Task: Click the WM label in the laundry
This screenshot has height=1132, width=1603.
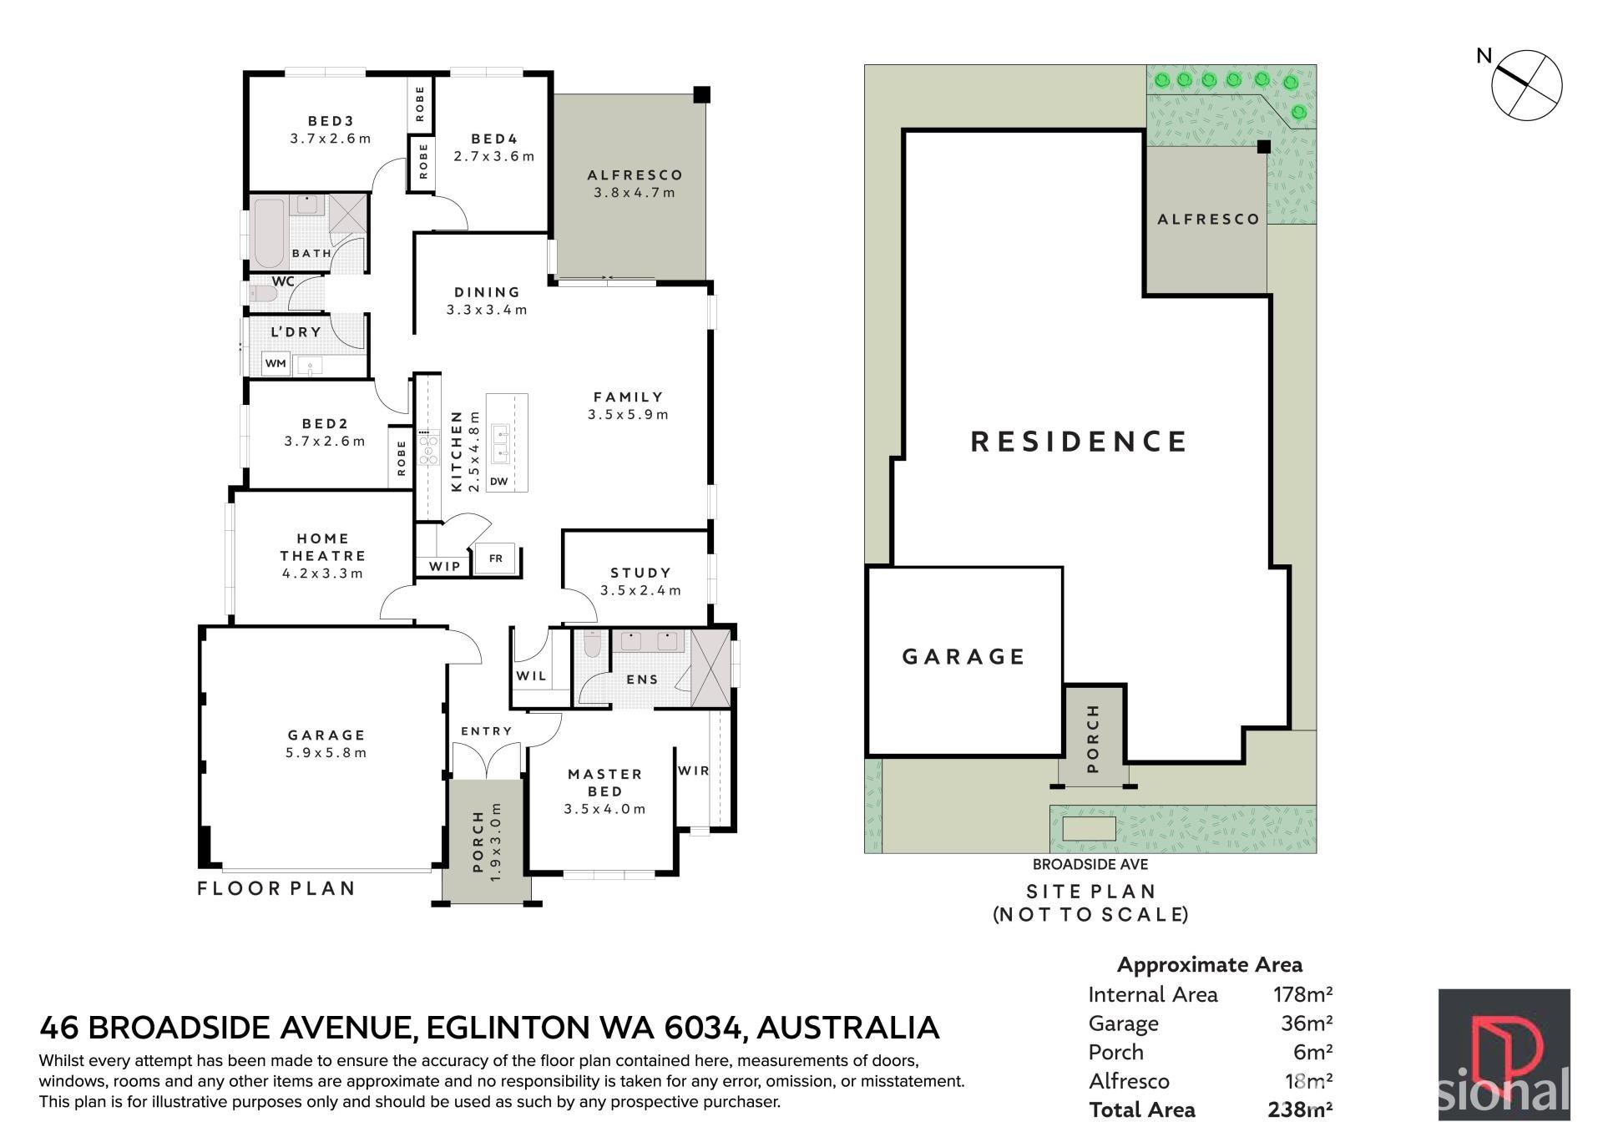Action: coord(276,363)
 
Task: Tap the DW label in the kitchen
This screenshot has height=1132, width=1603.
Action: coord(498,481)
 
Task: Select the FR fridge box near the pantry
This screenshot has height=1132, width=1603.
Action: coord(496,558)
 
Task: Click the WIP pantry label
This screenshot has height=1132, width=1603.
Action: coord(445,566)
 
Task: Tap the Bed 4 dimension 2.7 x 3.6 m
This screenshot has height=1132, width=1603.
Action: coord(494,156)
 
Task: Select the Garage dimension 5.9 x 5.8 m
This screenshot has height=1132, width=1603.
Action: coord(326,752)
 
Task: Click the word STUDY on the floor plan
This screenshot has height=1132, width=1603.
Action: coord(640,573)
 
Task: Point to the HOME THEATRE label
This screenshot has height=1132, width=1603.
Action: coord(323,547)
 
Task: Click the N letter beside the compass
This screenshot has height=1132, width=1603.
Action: coord(1484,56)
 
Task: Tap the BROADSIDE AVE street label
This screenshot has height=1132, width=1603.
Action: coord(1090,865)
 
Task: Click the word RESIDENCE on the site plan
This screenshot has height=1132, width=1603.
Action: coord(1079,442)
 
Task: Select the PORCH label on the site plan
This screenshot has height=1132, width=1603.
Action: coord(1094,738)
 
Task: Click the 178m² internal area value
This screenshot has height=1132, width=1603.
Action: coord(1302,994)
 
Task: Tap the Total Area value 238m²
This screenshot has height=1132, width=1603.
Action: coord(1300,1109)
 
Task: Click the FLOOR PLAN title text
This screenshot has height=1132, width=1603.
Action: coord(276,888)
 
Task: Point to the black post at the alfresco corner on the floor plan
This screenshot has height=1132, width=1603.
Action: coord(702,94)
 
